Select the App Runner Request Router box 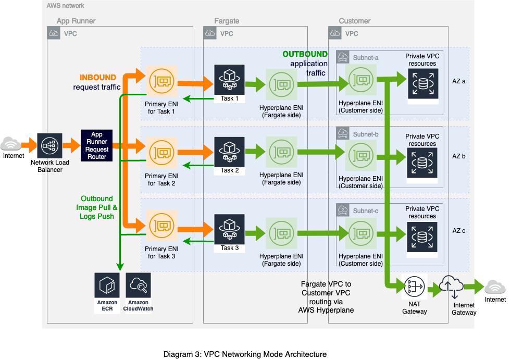(x=97, y=145)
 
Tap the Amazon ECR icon (x=107, y=285)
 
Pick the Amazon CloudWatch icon (x=138, y=285)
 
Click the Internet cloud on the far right (x=495, y=288)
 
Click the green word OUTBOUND (x=305, y=54)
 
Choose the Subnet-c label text (x=366, y=210)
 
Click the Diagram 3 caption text (x=245, y=354)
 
